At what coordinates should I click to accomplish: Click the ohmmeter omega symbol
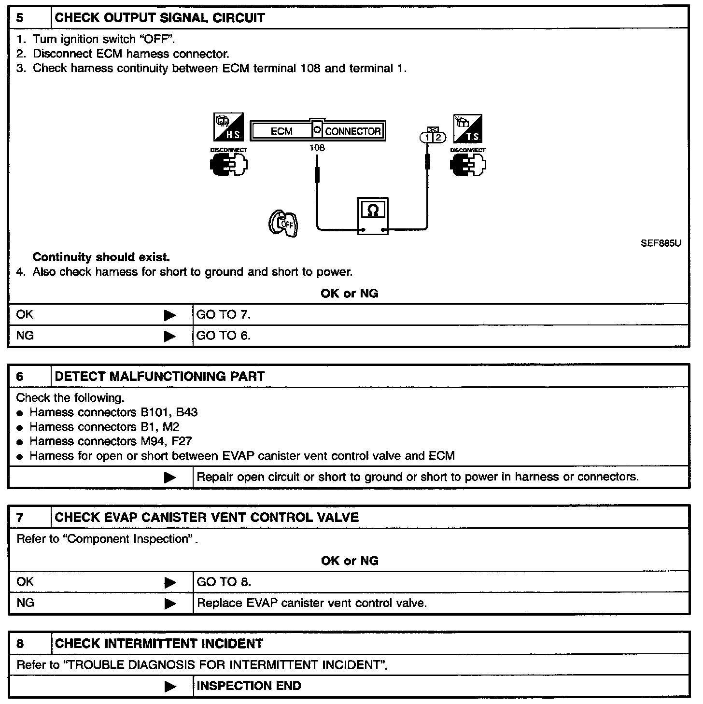click(373, 210)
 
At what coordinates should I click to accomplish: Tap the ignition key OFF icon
click(283, 224)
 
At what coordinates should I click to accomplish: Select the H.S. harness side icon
click(228, 127)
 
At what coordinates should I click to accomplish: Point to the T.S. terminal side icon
click(468, 128)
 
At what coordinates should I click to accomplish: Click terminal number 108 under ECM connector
click(317, 148)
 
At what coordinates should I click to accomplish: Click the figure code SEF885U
click(661, 243)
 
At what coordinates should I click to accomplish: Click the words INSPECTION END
click(249, 686)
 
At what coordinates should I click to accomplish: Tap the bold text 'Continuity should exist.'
click(101, 257)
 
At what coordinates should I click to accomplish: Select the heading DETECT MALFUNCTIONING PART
click(160, 377)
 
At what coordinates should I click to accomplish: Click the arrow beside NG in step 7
click(170, 603)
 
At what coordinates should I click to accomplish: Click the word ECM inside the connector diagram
click(281, 131)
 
